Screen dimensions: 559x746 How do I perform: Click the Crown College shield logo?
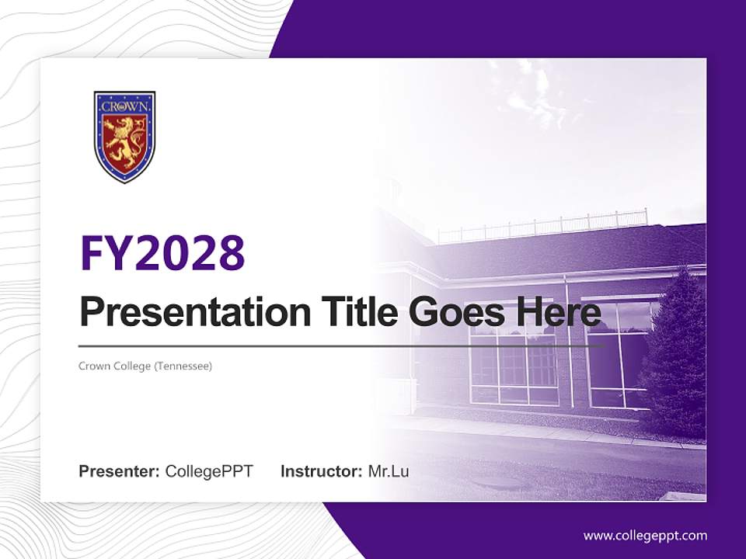pos(124,137)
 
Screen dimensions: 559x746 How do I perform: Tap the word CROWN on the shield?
pos(124,106)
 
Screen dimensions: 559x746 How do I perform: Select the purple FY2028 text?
pos(162,252)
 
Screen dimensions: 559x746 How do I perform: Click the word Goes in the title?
pos(455,313)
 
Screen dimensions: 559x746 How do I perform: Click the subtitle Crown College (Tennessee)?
pos(145,366)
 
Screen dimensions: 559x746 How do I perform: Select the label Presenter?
pos(120,471)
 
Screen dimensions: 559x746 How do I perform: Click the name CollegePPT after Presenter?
pos(209,471)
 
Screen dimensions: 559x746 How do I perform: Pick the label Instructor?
pos(321,471)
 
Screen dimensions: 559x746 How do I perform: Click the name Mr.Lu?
pos(389,471)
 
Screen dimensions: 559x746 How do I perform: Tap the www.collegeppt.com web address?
pos(645,536)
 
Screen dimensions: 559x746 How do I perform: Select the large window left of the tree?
pos(618,353)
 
